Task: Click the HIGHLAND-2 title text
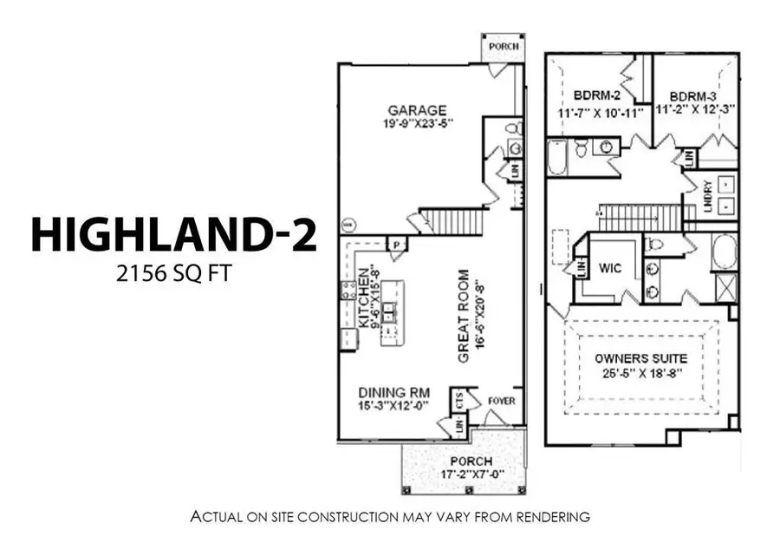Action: pyautogui.click(x=174, y=234)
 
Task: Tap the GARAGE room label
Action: pyautogui.click(x=417, y=110)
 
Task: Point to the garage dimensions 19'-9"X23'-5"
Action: pyautogui.click(x=417, y=124)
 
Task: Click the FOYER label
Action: pyautogui.click(x=502, y=402)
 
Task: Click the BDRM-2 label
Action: pyautogui.click(x=595, y=95)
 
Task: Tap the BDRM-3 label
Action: pyautogui.click(x=697, y=95)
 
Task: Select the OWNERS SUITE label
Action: pyautogui.click(x=641, y=358)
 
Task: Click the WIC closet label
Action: pyautogui.click(x=610, y=269)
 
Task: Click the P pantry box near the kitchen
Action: pyautogui.click(x=397, y=245)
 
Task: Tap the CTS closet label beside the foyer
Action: pyautogui.click(x=459, y=400)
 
